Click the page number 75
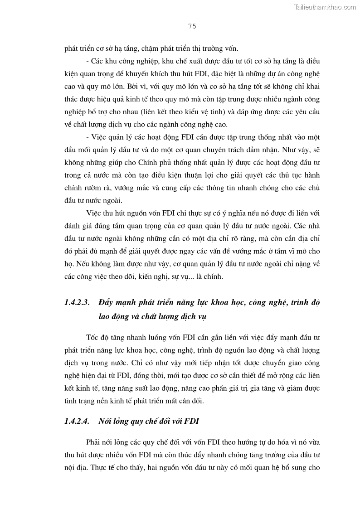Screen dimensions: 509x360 click(x=191, y=26)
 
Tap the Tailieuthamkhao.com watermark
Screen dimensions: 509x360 click(x=325, y=7)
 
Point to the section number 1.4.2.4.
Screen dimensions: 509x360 click(x=78, y=421)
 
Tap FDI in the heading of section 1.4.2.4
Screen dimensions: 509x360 click(x=193, y=421)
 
